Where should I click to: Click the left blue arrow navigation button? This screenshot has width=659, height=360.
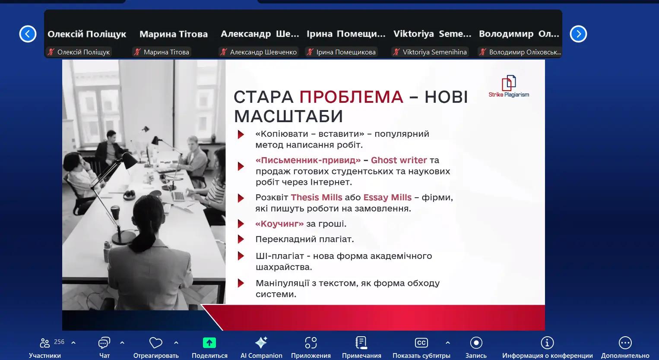[x=28, y=34]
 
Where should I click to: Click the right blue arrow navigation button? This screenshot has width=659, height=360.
[x=578, y=34]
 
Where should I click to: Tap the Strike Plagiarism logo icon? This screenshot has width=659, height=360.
[x=509, y=83]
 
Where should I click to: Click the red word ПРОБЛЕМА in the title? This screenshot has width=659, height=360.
[x=351, y=97]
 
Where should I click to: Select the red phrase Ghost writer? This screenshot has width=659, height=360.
[x=399, y=160]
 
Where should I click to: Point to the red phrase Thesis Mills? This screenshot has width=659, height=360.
[x=317, y=197]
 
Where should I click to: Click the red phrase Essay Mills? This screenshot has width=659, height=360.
[x=387, y=197]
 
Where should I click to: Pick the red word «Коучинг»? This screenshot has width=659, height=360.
[x=279, y=224]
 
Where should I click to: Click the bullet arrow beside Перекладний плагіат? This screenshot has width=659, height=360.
[x=241, y=239]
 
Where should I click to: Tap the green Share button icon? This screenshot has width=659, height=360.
[x=209, y=343]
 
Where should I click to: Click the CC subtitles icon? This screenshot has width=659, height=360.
[x=421, y=343]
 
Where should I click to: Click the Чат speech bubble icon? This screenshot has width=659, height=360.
[x=104, y=343]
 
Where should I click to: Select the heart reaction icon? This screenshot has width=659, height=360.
[x=155, y=343]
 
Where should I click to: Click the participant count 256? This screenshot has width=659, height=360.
[x=59, y=342]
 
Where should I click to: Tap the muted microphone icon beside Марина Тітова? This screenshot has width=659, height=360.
[x=137, y=52]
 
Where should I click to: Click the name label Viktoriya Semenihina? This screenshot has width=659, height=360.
[x=434, y=52]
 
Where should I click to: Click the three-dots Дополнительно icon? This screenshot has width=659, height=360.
[x=625, y=343]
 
